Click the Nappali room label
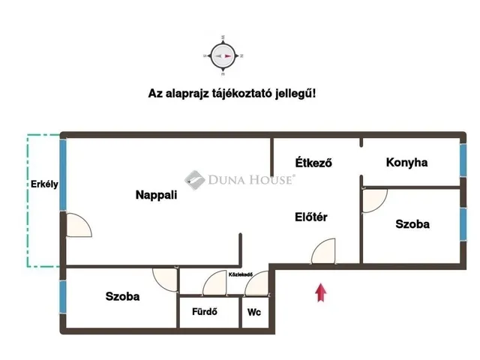(x=156, y=195)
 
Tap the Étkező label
(x=313, y=162)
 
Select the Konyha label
(x=406, y=162)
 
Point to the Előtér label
(x=311, y=217)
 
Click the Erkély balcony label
(x=44, y=184)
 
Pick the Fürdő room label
(x=205, y=313)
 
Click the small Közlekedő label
(x=240, y=274)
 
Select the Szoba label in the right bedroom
(x=413, y=223)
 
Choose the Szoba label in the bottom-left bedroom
(x=122, y=296)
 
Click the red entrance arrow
(x=321, y=292)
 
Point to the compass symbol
(x=223, y=55)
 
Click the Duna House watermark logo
(x=240, y=179)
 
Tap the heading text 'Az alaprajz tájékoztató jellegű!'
(x=232, y=94)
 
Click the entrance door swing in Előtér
(x=325, y=252)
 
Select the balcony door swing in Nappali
(x=78, y=226)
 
